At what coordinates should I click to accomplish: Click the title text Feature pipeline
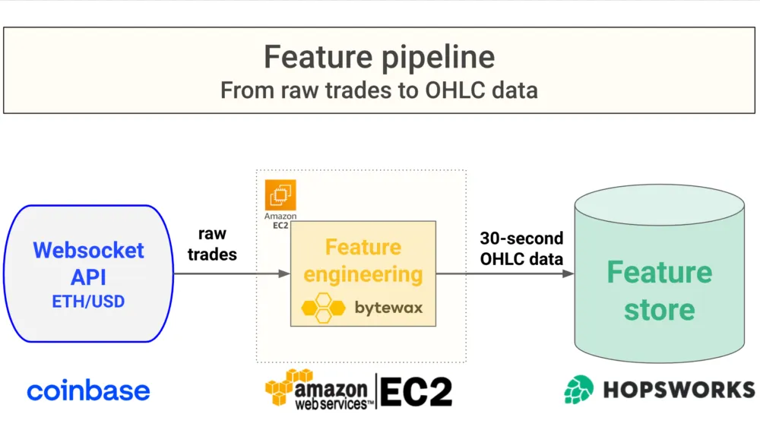tap(378, 57)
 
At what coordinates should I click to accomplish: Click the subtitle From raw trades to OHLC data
tap(378, 90)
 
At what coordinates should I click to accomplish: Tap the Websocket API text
tap(88, 261)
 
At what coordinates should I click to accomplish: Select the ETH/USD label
tap(88, 302)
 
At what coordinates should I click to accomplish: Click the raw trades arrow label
tap(212, 244)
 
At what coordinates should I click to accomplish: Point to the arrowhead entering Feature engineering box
tap(285, 273)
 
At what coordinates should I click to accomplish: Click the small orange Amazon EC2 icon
tap(280, 195)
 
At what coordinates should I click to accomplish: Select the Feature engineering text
tap(363, 261)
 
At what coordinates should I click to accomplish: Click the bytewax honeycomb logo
tap(325, 308)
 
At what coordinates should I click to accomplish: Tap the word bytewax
tap(388, 308)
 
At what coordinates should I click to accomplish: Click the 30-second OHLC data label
tap(521, 248)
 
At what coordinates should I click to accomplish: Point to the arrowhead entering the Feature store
tap(568, 273)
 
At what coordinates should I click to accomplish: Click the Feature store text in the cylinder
tap(659, 291)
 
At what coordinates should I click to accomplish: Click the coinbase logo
tap(88, 391)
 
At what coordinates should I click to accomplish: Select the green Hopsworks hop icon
tap(578, 390)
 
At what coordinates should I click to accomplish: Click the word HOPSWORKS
tap(679, 390)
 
